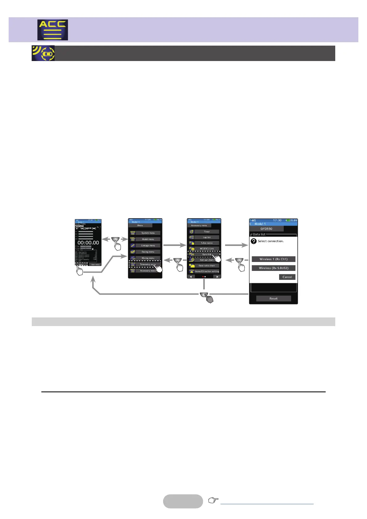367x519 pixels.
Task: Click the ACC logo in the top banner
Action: (x=53, y=30)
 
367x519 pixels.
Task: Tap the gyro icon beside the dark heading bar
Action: (x=43, y=53)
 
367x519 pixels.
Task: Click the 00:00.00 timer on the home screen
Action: (x=88, y=243)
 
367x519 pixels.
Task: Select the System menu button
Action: (x=148, y=233)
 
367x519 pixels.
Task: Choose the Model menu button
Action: (x=148, y=239)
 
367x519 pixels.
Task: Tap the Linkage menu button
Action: (x=148, y=246)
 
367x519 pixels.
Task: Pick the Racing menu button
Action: (x=148, y=252)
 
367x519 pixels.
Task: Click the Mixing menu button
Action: (x=148, y=258)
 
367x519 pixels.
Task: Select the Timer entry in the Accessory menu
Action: (x=207, y=232)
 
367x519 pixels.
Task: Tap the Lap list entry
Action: (x=207, y=237)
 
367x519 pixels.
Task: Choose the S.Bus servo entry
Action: (x=207, y=243)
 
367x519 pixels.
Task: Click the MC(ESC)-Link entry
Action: (x=207, y=248)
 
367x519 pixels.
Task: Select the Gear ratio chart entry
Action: (x=207, y=266)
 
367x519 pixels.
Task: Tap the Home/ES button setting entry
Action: (x=207, y=271)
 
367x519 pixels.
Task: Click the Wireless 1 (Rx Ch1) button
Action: (x=273, y=259)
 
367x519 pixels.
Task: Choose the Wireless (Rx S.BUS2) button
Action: (x=273, y=268)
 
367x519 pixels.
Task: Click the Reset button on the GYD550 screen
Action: (x=273, y=299)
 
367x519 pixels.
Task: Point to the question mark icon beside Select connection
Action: (x=254, y=241)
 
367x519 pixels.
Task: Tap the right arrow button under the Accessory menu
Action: (x=217, y=277)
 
